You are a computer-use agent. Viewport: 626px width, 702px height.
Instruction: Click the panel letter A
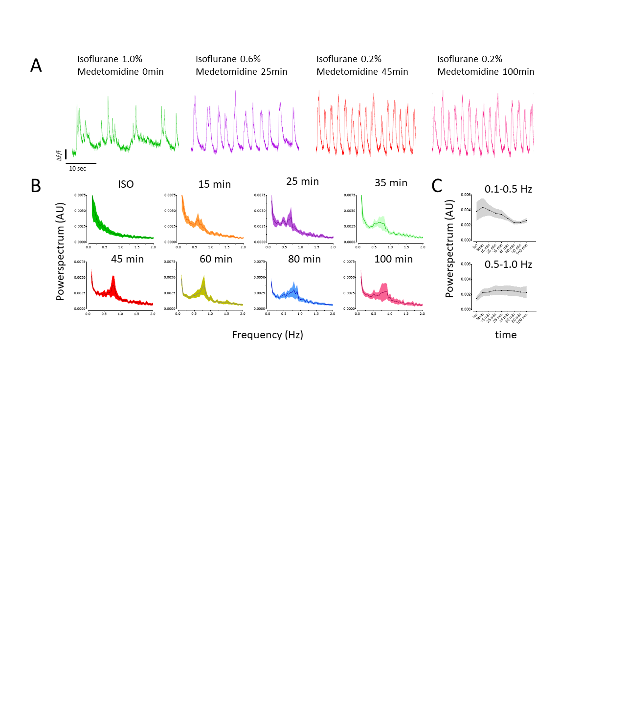pos(36,66)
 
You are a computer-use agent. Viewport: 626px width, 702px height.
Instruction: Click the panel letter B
pos(36,186)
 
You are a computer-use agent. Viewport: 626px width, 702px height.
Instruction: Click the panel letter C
pos(437,186)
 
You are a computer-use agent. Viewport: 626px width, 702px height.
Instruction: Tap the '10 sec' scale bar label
pos(77,169)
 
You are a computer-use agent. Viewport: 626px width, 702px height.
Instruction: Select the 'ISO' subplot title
pos(126,184)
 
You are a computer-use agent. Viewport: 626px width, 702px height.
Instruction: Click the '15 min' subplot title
pos(214,184)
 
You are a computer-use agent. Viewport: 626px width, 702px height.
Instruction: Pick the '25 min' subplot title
pos(302,181)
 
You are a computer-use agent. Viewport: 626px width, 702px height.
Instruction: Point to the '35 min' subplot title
pos(391,183)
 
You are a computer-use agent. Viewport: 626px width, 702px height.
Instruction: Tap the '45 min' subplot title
pos(127,259)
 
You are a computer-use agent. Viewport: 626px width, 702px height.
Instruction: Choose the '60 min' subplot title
pos(216,259)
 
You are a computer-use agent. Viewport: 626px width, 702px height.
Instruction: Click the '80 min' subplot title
pos(304,259)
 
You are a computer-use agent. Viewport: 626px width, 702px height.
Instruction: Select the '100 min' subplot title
pos(393,259)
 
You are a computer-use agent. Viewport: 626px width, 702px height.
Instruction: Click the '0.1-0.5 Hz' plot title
pos(508,189)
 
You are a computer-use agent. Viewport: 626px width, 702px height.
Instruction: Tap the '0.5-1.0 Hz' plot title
pos(508,264)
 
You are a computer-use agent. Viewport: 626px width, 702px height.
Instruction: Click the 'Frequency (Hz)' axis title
pos(268,335)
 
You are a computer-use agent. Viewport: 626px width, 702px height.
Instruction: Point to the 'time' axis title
pos(506,335)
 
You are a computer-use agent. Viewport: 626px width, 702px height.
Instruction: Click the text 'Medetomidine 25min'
pos(242,72)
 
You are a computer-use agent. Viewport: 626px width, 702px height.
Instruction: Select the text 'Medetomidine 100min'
pos(486,72)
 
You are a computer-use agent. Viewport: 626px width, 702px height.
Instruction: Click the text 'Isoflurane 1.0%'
pos(110,59)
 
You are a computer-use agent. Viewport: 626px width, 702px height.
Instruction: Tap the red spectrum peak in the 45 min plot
pos(113,278)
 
